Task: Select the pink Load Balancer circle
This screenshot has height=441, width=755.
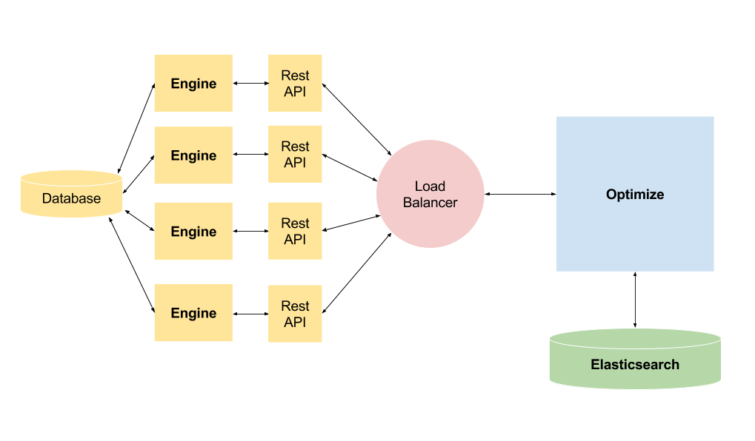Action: (430, 194)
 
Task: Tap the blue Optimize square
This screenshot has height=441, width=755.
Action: (635, 194)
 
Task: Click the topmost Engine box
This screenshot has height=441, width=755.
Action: (193, 83)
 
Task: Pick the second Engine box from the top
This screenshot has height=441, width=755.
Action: (193, 155)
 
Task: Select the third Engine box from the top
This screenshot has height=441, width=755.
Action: (193, 231)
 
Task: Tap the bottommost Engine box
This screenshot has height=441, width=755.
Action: (193, 313)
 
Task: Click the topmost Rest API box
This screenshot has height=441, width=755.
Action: (295, 83)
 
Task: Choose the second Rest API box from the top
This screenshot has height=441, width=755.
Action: (295, 154)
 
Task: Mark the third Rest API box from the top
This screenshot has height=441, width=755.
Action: (295, 231)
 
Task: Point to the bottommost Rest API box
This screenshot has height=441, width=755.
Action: (295, 314)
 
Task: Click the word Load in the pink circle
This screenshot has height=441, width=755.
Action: (430, 186)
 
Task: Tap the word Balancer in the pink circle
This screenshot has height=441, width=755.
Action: (430, 203)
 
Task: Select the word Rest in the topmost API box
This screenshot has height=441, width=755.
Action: (295, 75)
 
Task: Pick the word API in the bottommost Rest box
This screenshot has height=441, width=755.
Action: (295, 323)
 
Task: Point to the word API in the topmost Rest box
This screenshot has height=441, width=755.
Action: (295, 92)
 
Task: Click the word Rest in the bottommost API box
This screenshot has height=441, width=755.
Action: (295, 306)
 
